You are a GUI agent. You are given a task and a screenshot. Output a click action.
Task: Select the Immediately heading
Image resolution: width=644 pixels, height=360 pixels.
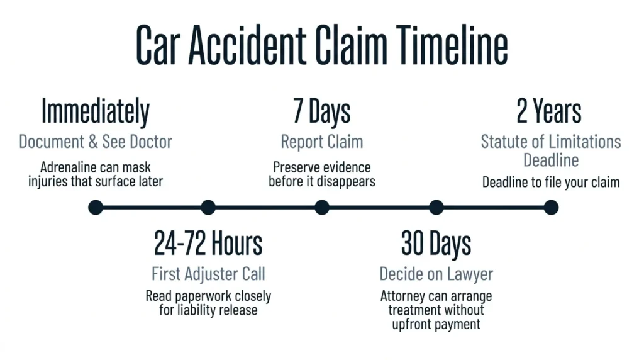click(x=96, y=111)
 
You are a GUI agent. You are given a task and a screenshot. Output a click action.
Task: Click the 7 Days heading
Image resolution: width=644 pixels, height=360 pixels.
click(x=321, y=111)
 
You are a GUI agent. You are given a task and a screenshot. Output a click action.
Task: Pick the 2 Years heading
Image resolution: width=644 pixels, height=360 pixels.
click(x=549, y=111)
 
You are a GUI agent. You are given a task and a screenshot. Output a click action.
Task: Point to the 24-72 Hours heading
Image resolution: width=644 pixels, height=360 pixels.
click(x=208, y=243)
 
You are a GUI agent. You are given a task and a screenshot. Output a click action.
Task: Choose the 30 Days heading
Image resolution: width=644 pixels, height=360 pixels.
click(x=436, y=244)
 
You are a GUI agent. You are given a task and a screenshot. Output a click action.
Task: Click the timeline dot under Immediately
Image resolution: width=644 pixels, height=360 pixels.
click(x=96, y=207)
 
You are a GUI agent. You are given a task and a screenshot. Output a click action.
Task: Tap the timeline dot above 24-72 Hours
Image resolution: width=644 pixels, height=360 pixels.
click(x=208, y=207)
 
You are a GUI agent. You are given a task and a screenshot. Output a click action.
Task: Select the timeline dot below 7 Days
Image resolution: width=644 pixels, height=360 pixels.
click(x=322, y=207)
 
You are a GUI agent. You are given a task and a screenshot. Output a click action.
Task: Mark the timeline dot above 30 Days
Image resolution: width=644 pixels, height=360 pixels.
click(x=436, y=207)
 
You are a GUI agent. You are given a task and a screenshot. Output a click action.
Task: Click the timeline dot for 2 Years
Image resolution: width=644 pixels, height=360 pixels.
click(x=551, y=207)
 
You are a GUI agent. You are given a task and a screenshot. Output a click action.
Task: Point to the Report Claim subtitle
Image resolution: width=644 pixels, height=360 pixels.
click(x=322, y=142)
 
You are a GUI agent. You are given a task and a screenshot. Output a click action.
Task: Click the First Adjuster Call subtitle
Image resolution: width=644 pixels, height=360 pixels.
click(x=208, y=274)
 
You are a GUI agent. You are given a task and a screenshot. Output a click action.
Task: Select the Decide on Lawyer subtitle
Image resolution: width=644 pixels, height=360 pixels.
click(x=436, y=274)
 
